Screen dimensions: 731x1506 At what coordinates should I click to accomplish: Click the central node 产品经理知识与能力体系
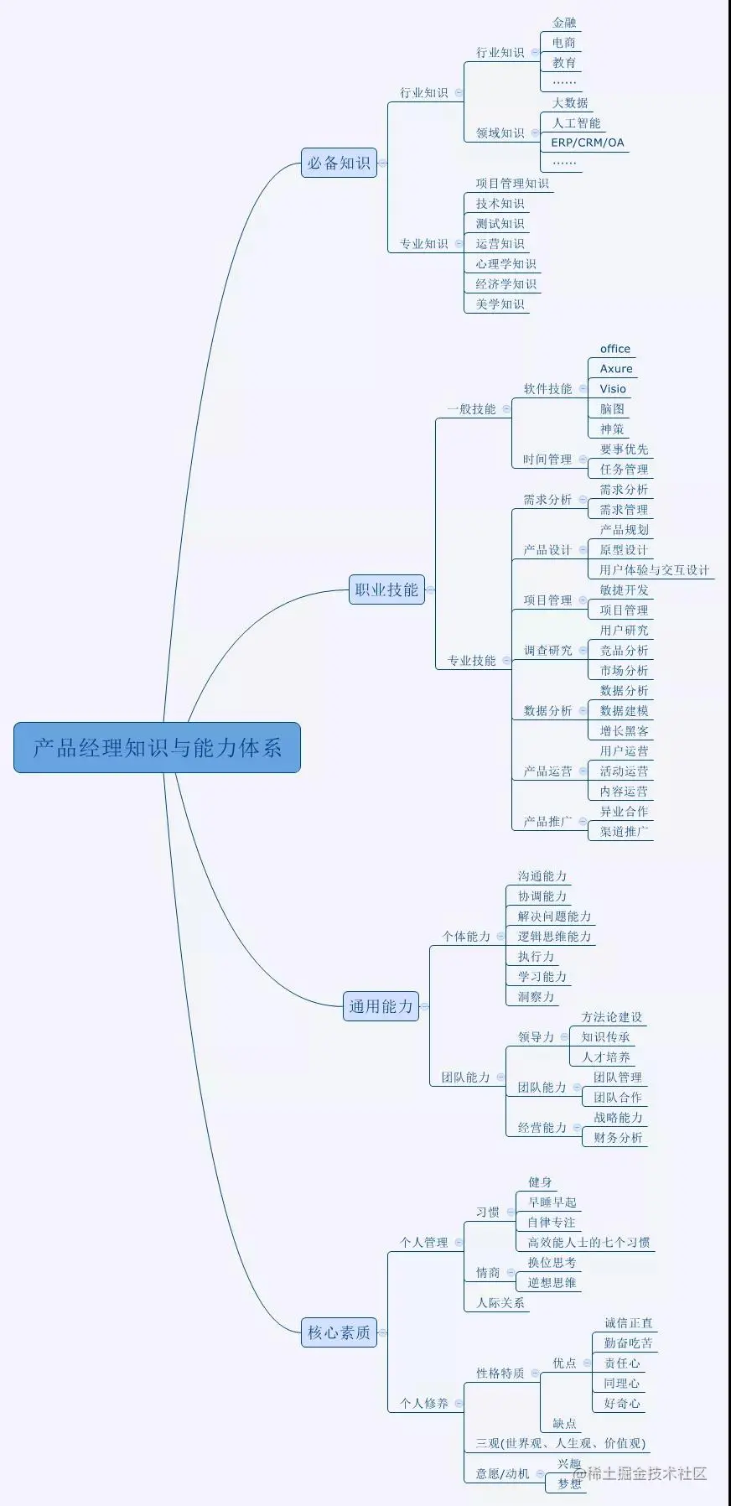pos(157,747)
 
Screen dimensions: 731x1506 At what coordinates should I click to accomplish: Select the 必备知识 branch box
pos(339,164)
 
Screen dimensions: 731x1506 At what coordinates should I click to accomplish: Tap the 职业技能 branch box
pos(386,589)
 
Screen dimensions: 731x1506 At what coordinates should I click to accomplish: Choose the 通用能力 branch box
pos(381,1006)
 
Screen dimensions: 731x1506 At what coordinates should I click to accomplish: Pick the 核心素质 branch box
pos(339,1332)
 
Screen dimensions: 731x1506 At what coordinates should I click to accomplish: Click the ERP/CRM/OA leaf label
pos(588,143)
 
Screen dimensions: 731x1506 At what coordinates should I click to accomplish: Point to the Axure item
pos(616,369)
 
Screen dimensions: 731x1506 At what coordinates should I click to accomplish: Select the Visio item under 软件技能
pos(613,389)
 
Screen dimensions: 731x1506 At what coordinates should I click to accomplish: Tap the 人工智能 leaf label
pos(576,122)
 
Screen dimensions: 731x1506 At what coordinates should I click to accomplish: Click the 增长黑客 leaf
pos(624,731)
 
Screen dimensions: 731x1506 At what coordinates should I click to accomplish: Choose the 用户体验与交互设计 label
pos(654,570)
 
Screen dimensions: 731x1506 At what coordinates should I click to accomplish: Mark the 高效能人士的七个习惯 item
pos(588,1243)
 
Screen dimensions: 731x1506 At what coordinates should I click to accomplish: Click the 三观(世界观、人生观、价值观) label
pos(561,1443)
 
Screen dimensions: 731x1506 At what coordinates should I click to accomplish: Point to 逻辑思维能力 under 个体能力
pos(554,937)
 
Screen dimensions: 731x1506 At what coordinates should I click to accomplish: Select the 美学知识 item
pos(500,304)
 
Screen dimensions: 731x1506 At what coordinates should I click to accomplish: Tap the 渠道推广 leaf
pos(624,832)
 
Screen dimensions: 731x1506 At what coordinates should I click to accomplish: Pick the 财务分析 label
pos(618,1138)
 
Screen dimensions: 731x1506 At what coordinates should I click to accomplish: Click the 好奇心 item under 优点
pos(621,1403)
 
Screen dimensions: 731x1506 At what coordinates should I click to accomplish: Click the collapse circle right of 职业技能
pos(431,589)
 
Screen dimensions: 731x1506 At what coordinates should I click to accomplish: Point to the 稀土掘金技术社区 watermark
pos(639,1473)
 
